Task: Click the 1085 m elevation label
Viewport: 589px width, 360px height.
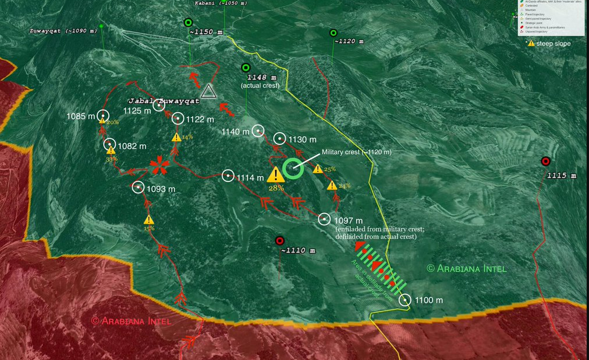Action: point(80,116)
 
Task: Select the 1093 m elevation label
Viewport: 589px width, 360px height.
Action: point(161,189)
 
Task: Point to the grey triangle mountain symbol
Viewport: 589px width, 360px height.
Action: point(208,91)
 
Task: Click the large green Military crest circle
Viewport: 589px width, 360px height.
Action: point(293,168)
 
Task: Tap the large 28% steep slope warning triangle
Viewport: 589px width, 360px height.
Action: point(276,174)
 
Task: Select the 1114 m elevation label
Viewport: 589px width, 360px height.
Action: point(250,177)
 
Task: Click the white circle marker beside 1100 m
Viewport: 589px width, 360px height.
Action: point(405,300)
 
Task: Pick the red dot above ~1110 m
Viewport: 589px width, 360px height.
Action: point(279,240)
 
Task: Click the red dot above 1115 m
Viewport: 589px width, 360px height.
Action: point(545,161)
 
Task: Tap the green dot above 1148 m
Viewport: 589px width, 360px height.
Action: point(246,67)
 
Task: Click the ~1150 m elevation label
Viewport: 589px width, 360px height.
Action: point(205,32)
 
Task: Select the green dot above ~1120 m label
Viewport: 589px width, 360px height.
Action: point(333,33)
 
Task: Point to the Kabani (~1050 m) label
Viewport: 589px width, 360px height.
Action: point(221,3)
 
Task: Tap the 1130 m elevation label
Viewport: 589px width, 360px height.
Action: point(303,140)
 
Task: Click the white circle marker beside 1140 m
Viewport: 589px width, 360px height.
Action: point(259,131)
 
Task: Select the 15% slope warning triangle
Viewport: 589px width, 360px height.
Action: point(149,220)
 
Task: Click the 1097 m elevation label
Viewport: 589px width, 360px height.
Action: point(349,221)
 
